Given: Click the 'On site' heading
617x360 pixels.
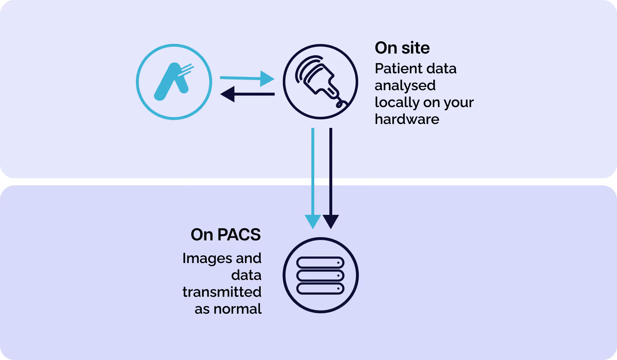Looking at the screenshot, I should [402, 48].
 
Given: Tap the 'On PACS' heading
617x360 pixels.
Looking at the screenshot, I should [225, 235].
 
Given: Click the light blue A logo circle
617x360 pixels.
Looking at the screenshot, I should [174, 82].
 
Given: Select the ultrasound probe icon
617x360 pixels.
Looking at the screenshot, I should [320, 82].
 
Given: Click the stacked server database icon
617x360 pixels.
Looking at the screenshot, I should [320, 276].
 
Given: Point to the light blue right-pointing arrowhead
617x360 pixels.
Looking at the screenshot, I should [267, 79].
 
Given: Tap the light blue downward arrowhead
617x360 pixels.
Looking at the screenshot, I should [313, 221].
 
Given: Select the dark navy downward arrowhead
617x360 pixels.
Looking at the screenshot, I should [331, 221].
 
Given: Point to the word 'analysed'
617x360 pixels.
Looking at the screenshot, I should [405, 86].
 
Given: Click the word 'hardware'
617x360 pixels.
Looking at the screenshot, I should [407, 119].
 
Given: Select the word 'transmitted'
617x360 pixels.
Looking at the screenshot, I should [222, 292].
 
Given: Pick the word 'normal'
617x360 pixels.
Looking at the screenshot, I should [237, 309].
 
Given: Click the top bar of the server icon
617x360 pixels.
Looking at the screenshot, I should [320, 263].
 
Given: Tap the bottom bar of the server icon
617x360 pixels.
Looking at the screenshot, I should [320, 289].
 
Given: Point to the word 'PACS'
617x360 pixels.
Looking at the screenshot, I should [239, 235].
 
